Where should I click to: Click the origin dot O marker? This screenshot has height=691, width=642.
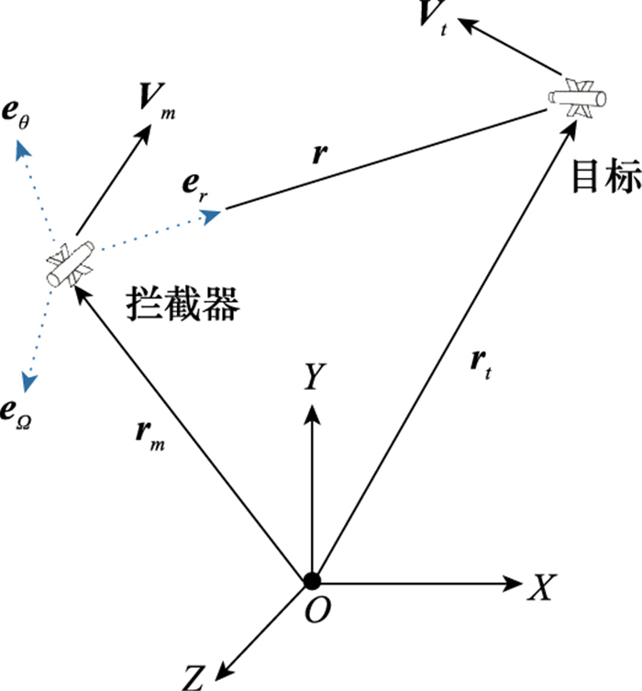tap(313, 581)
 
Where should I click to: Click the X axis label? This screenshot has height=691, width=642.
tap(537, 588)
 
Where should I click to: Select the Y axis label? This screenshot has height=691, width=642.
tap(315, 377)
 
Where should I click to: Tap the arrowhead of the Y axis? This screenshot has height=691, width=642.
tap(313, 414)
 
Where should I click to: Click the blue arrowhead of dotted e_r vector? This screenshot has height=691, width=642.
tap(212, 216)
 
